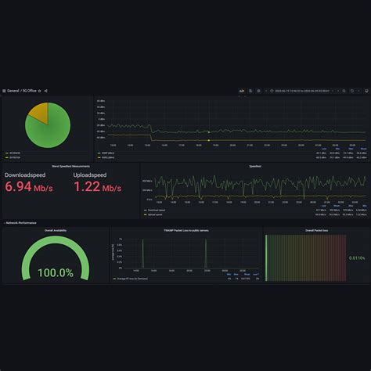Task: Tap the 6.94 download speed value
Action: click(29, 187)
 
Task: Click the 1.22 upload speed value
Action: click(97, 187)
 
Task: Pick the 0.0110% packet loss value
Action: click(356, 258)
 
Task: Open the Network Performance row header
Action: click(22, 223)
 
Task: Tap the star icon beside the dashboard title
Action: click(40, 91)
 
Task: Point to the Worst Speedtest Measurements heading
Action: click(70, 166)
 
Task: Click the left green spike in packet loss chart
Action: click(142, 254)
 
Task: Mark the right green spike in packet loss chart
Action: click(206, 254)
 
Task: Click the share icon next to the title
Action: click(46, 91)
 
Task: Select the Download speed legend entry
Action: click(157, 210)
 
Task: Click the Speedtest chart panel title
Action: click(255, 166)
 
